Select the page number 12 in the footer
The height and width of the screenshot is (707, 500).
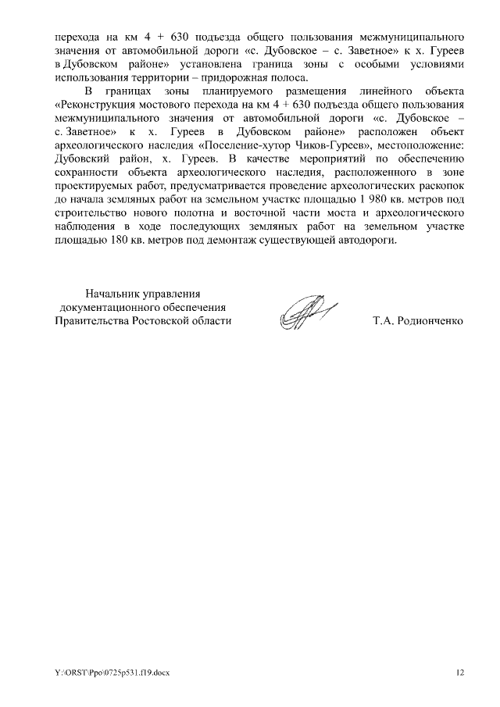(460, 673)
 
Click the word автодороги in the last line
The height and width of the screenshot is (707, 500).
(366, 240)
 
